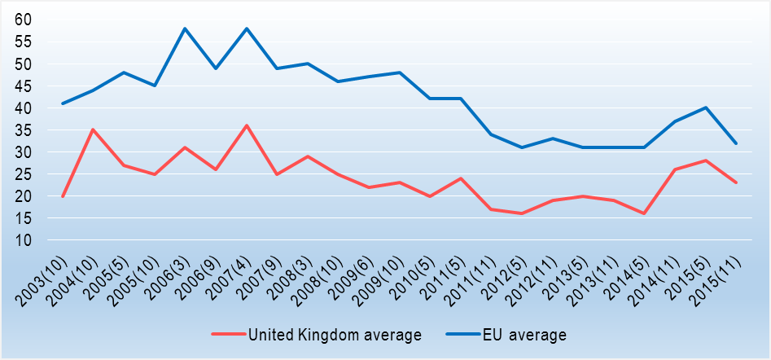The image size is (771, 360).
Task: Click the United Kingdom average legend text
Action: tap(335, 335)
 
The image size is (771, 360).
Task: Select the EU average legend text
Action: tap(523, 335)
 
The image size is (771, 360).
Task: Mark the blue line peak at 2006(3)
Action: tap(186, 29)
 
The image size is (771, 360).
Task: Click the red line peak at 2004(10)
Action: tap(94, 130)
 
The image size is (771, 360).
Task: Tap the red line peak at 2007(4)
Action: tap(247, 125)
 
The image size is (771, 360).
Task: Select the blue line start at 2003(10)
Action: tap(63, 103)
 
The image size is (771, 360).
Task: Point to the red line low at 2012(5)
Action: tap(522, 213)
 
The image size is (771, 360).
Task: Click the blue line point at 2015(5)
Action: tap(705, 108)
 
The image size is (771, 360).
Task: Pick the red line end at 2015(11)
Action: tap(736, 182)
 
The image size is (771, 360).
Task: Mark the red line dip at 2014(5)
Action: tap(644, 213)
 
